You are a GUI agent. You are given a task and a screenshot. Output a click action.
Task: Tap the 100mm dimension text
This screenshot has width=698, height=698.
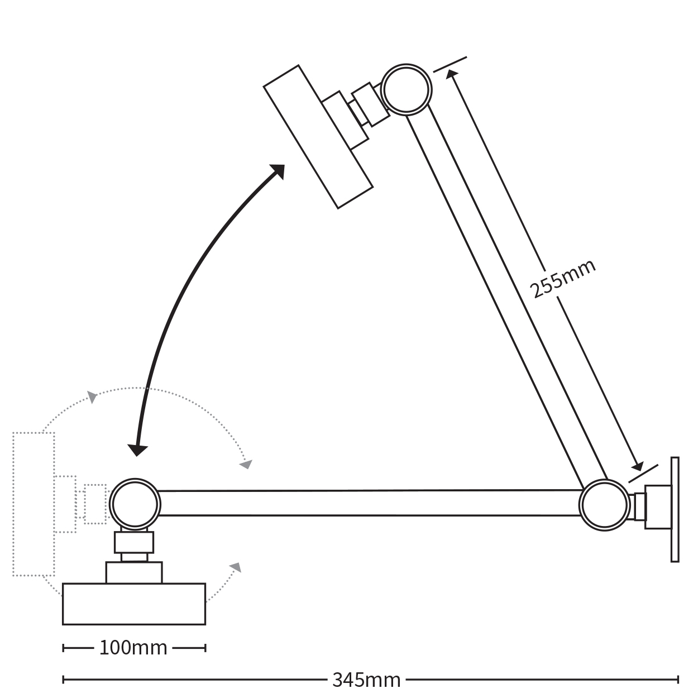tap(133, 648)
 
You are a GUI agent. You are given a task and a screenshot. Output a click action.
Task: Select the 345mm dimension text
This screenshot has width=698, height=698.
tap(366, 680)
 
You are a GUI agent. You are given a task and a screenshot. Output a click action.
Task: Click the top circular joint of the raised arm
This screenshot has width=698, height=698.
tap(406, 89)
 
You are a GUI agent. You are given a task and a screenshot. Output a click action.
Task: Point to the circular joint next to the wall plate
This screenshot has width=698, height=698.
tap(605, 504)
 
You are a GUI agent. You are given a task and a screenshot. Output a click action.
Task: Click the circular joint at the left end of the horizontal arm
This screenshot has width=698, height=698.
tap(135, 503)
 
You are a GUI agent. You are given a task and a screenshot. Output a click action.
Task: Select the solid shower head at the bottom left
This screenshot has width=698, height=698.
tap(134, 604)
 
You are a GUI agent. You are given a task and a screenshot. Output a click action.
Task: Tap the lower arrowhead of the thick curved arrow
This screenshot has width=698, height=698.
tap(137, 450)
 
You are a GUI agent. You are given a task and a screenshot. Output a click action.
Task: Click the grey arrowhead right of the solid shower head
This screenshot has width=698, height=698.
tap(236, 568)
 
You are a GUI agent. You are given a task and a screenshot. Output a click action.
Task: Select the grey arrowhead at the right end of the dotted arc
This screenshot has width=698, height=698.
tap(246, 463)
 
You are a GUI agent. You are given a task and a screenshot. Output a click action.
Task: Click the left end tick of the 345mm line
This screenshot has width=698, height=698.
tap(64, 680)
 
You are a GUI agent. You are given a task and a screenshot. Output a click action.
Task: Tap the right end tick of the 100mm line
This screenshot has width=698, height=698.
tap(205, 648)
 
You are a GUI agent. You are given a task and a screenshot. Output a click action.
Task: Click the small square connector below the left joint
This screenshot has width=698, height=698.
tap(134, 542)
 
